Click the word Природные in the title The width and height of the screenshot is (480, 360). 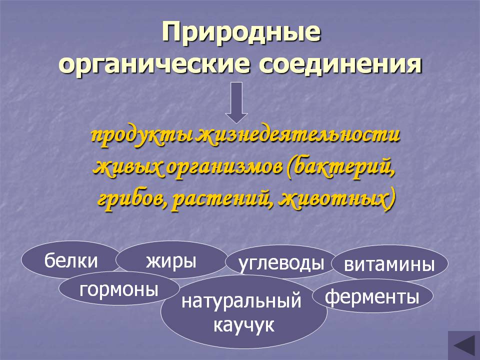click(240, 33)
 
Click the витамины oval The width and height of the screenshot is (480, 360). click(389, 264)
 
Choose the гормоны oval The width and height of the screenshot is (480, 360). click(119, 289)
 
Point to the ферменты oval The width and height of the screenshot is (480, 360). click(372, 296)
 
